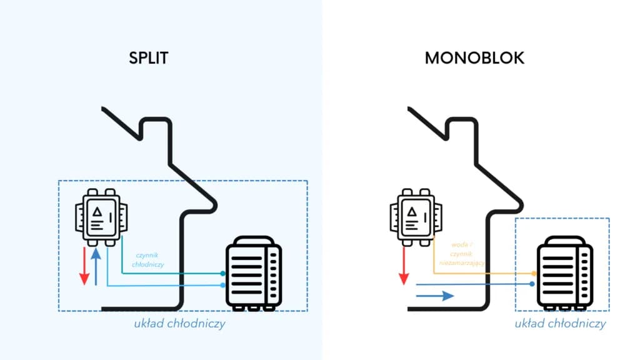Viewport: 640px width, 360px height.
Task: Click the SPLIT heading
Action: (149, 58)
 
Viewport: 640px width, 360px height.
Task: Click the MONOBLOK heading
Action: (474, 58)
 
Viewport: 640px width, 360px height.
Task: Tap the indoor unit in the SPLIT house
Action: (102, 216)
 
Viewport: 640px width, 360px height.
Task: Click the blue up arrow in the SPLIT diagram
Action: (96, 265)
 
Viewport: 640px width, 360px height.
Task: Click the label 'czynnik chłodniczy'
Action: (148, 260)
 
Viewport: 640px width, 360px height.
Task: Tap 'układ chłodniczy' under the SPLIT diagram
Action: (179, 324)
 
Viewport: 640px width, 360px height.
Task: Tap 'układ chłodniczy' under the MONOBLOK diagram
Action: (560, 324)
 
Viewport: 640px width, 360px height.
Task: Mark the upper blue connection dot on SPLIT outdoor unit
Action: (222, 274)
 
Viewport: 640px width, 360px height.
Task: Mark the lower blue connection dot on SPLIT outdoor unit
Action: (222, 285)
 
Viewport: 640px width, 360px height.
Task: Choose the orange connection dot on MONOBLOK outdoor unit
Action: (533, 274)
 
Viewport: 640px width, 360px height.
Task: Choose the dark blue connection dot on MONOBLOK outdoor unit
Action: (532, 284)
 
